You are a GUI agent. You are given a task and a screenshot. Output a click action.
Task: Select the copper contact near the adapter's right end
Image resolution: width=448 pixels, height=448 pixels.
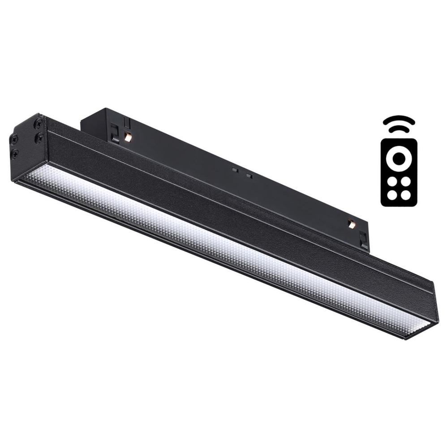352,224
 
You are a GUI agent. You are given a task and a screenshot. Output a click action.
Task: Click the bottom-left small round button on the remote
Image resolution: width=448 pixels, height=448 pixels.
392,195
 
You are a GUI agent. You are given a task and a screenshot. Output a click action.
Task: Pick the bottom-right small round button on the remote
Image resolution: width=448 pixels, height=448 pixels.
405,195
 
